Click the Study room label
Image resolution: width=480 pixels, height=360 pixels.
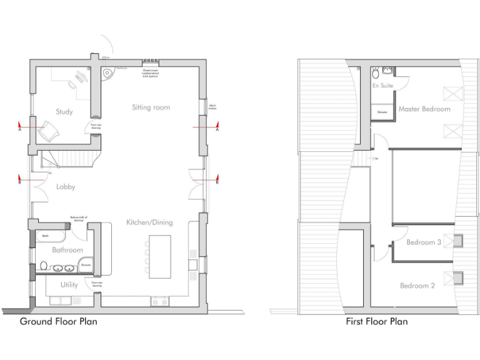(x=64, y=112)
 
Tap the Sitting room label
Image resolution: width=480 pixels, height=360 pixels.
(x=151, y=107)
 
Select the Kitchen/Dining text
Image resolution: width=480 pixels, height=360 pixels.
(x=149, y=222)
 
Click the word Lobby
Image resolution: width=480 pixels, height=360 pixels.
(x=66, y=186)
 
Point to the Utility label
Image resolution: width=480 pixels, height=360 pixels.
(x=69, y=285)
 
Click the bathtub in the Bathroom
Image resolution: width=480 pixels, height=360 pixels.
(x=51, y=237)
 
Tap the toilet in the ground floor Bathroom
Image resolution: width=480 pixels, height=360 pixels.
(x=42, y=266)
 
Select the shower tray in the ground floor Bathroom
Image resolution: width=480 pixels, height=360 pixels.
(x=86, y=265)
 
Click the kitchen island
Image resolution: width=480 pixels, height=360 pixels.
(x=159, y=256)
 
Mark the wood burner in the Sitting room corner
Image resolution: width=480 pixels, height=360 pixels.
(x=109, y=73)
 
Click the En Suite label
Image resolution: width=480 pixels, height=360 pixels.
(x=382, y=86)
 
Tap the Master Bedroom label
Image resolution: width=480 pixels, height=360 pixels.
(x=424, y=109)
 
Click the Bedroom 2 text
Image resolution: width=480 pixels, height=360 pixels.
(x=417, y=286)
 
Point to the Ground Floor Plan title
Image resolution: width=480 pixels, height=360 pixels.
(x=59, y=322)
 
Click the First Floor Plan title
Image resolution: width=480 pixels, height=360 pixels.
(x=377, y=322)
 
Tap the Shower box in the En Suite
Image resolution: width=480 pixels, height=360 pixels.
(x=382, y=112)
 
